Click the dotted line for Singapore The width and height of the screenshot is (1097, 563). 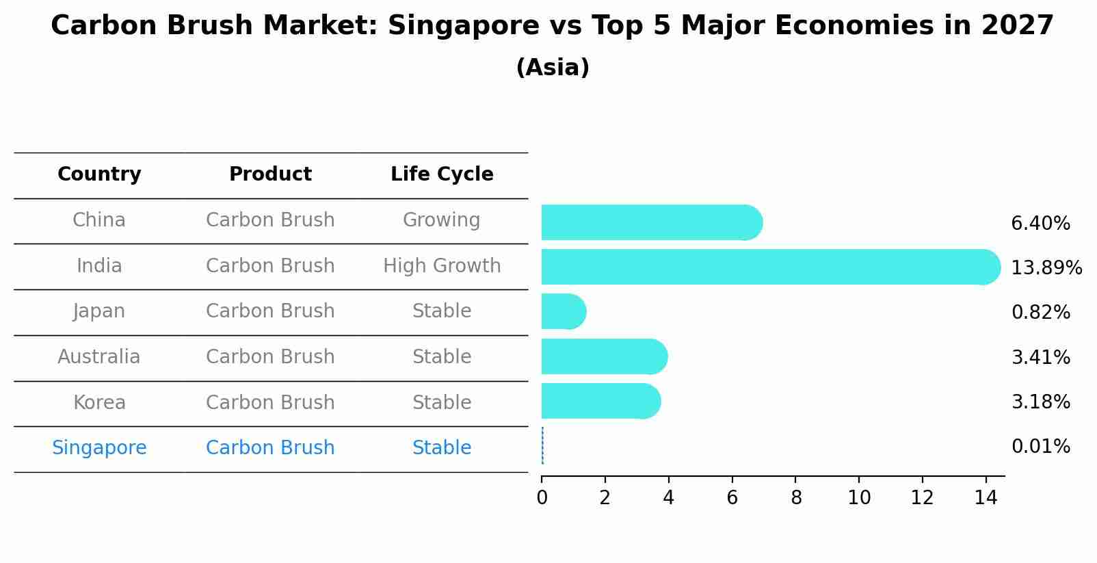[x=542, y=446]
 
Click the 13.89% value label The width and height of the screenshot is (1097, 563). [x=1046, y=267]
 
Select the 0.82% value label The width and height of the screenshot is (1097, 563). [x=1040, y=313]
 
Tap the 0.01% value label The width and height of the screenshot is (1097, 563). [x=1040, y=447]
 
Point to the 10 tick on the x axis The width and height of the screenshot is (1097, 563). [x=859, y=497]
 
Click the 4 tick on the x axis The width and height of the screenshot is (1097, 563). [x=668, y=497]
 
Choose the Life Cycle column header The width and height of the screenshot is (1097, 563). [x=442, y=174]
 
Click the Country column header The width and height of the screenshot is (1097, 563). [x=99, y=174]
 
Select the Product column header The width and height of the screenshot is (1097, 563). [x=270, y=174]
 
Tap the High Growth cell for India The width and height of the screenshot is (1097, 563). [x=442, y=265]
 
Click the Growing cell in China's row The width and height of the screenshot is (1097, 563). [x=441, y=220]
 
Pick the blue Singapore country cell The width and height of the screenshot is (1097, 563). [x=99, y=448]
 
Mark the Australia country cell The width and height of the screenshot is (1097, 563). [x=99, y=357]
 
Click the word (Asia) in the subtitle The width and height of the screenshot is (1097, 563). [x=553, y=68]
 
